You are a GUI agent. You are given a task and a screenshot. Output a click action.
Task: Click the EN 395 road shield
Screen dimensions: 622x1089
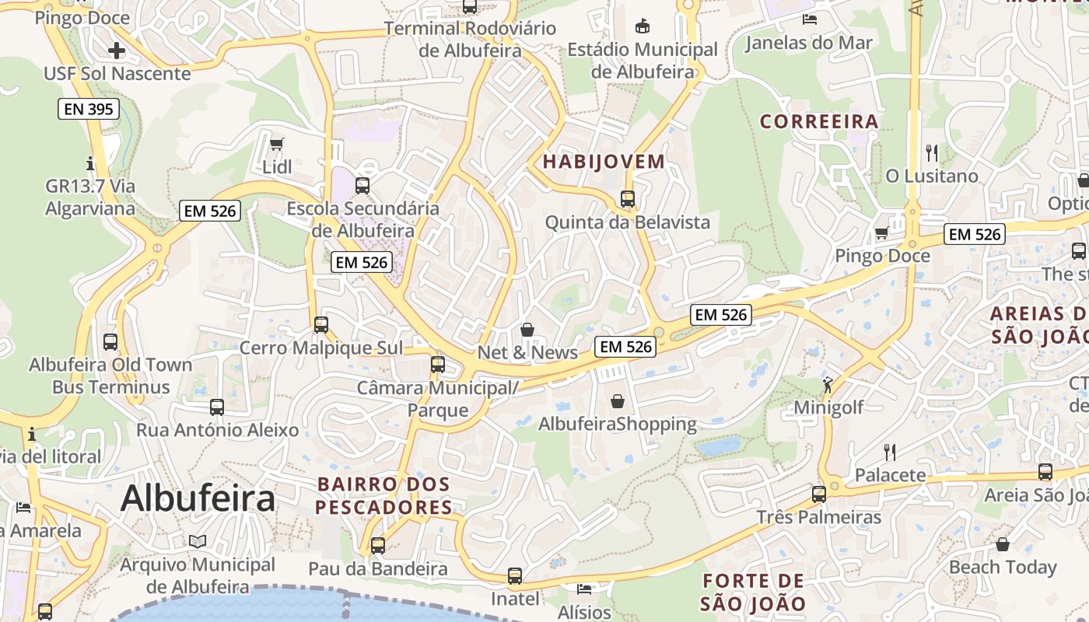coord(89,109)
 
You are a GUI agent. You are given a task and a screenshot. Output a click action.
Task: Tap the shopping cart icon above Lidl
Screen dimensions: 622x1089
coord(276,144)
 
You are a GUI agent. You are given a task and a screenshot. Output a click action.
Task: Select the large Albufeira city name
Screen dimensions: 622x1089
coord(198,498)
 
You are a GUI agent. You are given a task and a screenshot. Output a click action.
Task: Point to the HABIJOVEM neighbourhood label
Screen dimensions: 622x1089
coord(604,162)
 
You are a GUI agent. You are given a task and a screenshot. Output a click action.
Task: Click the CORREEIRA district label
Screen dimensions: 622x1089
coord(819,121)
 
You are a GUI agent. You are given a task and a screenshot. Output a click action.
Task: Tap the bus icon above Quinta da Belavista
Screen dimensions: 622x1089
coord(628,199)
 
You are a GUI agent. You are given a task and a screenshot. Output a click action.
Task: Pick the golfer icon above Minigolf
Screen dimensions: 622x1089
coord(827,385)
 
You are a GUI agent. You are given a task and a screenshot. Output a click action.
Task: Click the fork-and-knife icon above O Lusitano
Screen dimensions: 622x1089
coord(932,152)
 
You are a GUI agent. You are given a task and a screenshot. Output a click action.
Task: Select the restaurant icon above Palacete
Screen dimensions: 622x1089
coord(890,452)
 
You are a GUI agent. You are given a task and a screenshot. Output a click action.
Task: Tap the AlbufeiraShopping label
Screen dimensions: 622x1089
coord(618,424)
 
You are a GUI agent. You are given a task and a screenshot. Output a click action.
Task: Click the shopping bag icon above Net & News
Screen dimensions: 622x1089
coord(527,330)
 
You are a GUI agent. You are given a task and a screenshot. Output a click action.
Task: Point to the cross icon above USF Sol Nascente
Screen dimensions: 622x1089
coord(117,51)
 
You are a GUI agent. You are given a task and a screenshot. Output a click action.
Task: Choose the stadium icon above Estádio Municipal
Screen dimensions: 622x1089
coord(643,26)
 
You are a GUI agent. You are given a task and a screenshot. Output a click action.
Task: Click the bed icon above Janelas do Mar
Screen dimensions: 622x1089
coord(809,19)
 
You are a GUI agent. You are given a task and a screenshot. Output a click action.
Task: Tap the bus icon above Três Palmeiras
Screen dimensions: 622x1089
coord(818,494)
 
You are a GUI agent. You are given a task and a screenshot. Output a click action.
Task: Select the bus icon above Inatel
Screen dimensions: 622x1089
coord(514,576)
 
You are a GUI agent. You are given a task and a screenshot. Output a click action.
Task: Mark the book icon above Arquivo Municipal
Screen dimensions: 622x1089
coord(198,541)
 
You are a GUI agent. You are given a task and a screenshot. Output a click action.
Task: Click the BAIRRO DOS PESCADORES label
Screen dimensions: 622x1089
coord(384,495)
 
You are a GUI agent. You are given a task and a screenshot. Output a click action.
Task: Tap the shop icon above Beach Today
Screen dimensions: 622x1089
coord(1003,544)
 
